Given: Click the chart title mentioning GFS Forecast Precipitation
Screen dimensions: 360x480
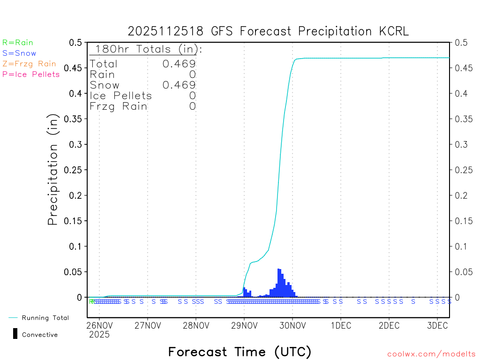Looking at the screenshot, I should [x=268, y=31].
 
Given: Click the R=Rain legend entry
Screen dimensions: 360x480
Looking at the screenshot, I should [x=18, y=43].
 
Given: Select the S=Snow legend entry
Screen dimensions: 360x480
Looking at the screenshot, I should [x=19, y=53].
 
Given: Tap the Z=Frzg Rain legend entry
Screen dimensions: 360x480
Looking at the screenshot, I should [x=29, y=64].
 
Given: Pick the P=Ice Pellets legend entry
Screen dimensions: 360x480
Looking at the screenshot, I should [x=31, y=74].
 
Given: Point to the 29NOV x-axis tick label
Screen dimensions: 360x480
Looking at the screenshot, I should [x=244, y=325].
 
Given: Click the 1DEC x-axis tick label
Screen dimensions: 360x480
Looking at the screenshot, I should [x=341, y=325].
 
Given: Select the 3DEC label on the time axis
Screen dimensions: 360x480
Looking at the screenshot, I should [x=437, y=325].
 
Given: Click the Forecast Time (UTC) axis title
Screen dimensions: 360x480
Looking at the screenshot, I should [x=240, y=352].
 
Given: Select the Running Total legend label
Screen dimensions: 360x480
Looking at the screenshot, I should [x=45, y=318].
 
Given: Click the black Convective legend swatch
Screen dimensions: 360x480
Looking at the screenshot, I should [x=15, y=334].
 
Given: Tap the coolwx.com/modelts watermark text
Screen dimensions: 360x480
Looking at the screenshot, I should [x=431, y=354].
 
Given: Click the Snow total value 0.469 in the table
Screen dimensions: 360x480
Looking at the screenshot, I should [x=179, y=85].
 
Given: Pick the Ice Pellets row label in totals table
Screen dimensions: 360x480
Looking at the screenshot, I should [x=121, y=96].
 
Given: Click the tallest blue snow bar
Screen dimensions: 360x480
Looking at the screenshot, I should [x=279, y=283].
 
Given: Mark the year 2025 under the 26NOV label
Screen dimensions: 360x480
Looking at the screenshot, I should [x=99, y=335].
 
